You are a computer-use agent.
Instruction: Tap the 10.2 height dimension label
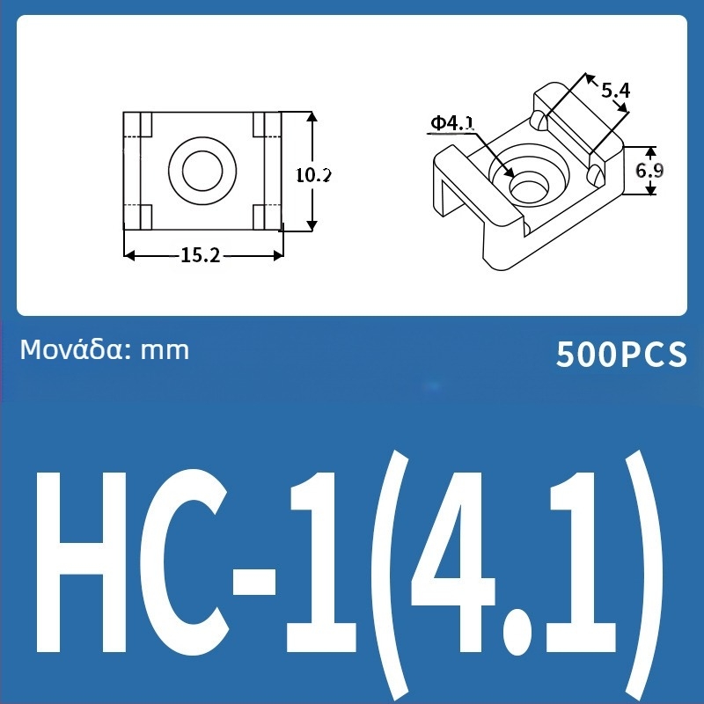(312, 174)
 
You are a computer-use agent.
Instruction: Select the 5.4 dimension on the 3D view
(616, 90)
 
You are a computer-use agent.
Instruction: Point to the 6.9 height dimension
(649, 171)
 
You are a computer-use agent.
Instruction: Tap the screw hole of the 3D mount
(527, 186)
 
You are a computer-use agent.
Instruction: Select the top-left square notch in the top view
(147, 124)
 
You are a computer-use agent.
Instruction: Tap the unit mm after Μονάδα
(165, 350)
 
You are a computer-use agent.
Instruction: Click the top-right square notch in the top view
(260, 124)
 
